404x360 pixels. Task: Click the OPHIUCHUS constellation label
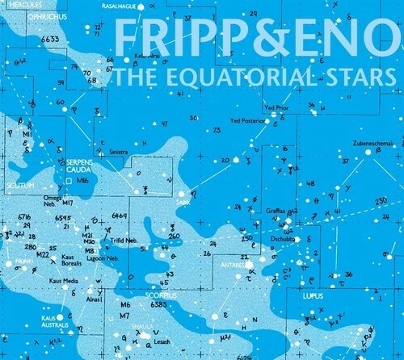click(x=25, y=13)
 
